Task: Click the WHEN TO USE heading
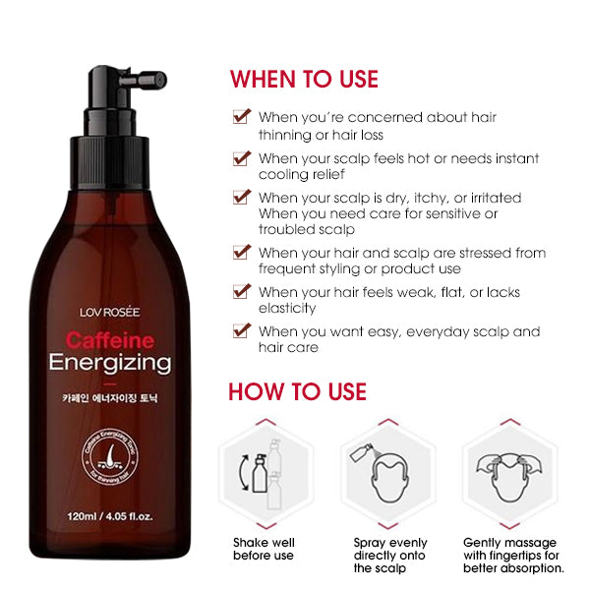[x=304, y=79]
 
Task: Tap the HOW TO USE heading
[x=297, y=391]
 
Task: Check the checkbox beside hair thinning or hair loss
[x=240, y=117]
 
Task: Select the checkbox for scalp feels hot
[x=240, y=157]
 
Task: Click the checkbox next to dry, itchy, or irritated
[x=240, y=198]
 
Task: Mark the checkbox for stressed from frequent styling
[x=240, y=253]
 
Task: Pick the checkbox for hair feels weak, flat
[x=240, y=292]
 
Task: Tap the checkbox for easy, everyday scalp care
[x=240, y=331]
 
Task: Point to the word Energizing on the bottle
[x=110, y=363]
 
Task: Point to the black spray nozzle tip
[x=156, y=75]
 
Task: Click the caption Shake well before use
[x=263, y=549]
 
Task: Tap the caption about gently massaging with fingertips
[x=512, y=555]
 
